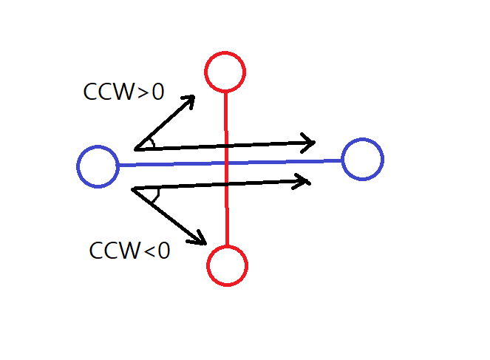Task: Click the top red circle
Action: (225, 72)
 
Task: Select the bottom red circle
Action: (227, 265)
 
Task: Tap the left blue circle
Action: (98, 166)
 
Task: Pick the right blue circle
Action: (362, 159)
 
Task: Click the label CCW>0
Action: (123, 92)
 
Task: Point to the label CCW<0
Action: (129, 251)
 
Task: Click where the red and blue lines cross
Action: (226, 162)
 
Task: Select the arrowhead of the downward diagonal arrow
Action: (200, 238)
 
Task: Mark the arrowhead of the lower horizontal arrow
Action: (303, 180)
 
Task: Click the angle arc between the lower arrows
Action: (156, 196)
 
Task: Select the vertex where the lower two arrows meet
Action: (133, 190)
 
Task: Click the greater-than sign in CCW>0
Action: (143, 92)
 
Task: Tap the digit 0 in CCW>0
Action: (157, 92)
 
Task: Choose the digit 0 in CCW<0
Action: (163, 251)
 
